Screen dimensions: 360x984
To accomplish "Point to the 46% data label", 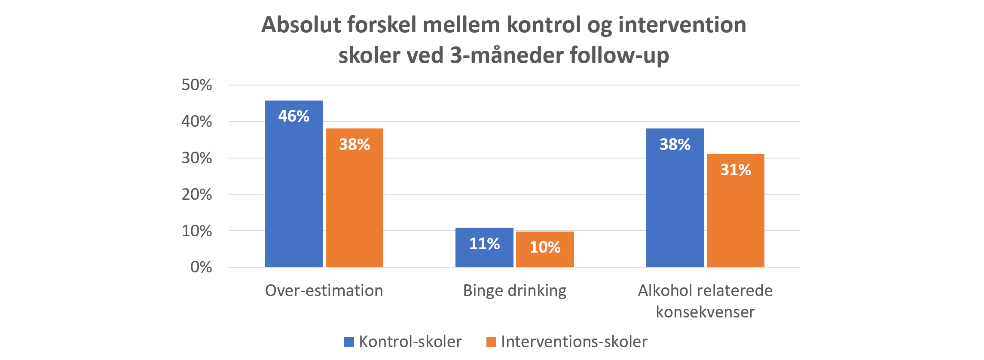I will click(294, 116).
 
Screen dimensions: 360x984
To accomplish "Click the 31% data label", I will click(736, 170).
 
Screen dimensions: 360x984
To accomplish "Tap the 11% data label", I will click(484, 244).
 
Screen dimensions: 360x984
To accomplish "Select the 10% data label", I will click(545, 247).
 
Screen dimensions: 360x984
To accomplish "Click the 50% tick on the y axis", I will click(197, 85).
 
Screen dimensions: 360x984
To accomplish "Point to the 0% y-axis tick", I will click(201, 267).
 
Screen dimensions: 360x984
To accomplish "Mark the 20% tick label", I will click(197, 195).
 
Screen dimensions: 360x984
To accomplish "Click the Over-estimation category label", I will click(324, 291).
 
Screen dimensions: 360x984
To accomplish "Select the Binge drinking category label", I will click(515, 291).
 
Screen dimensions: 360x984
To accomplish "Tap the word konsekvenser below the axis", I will click(705, 312).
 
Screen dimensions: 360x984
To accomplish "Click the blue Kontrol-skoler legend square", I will click(349, 342).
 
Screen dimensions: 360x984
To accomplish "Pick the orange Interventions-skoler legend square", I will click(491, 342).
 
